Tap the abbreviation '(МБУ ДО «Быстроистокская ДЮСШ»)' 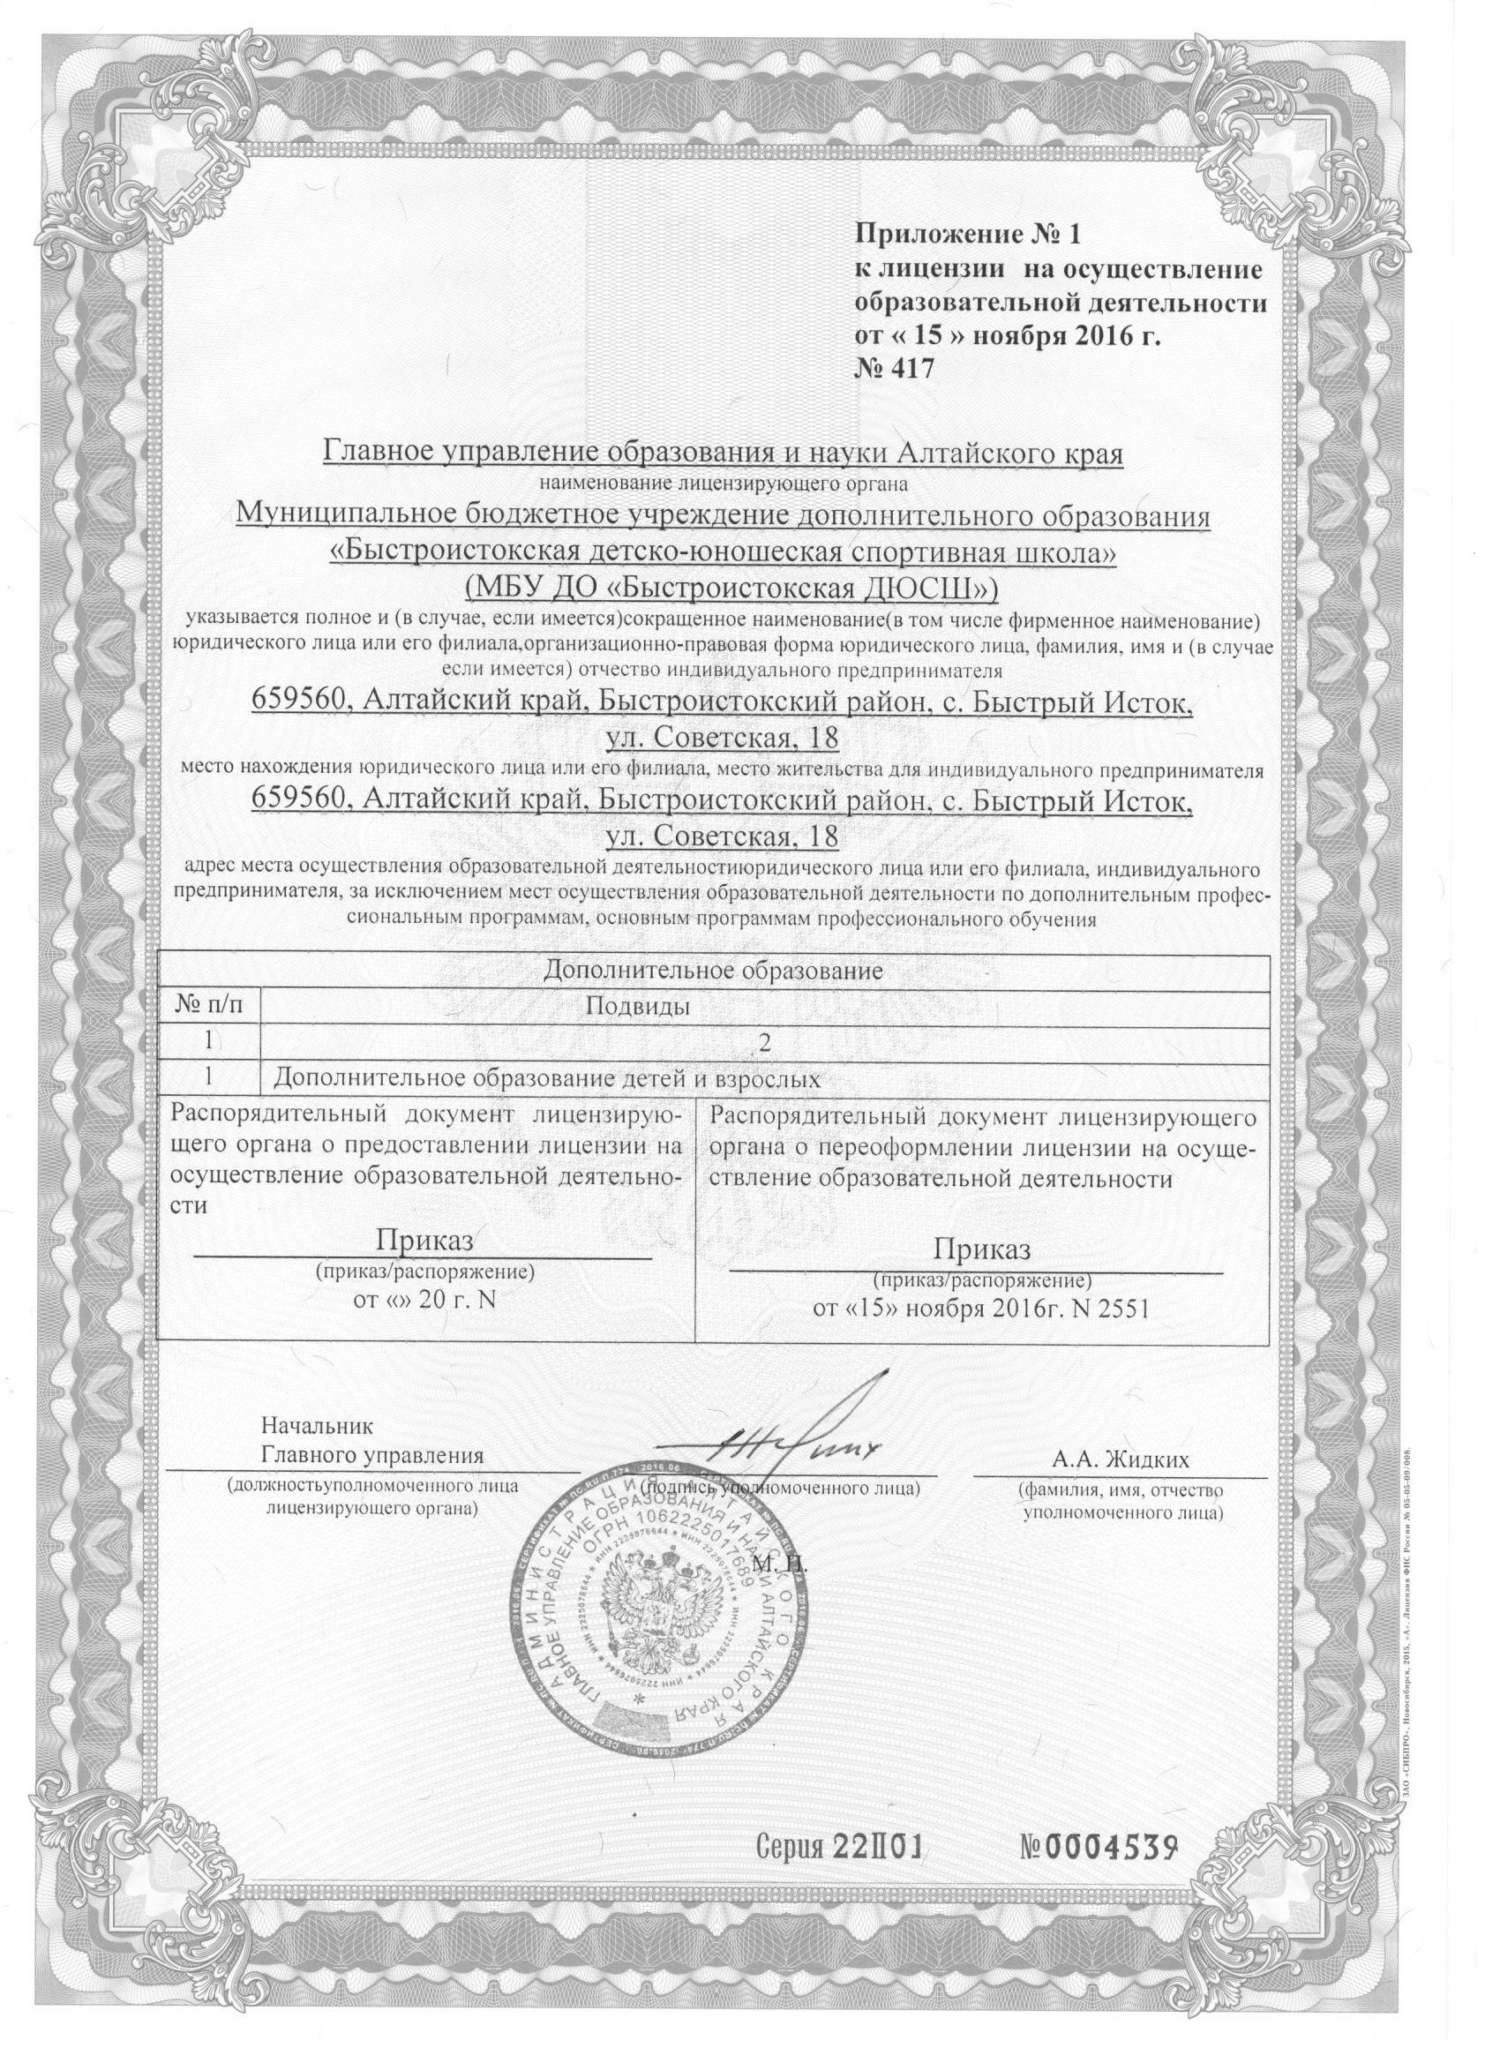point(731,589)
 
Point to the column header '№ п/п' point(208,1007)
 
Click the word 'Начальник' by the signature point(317,1425)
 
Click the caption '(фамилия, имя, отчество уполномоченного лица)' point(1121,1502)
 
